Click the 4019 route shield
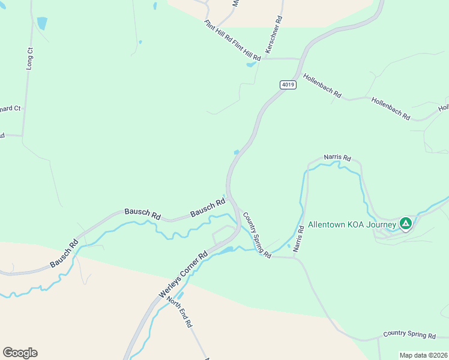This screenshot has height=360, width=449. click(288, 85)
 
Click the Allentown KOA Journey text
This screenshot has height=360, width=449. click(352, 225)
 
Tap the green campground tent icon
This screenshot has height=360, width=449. click(406, 224)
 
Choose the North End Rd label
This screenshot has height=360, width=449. click(179, 312)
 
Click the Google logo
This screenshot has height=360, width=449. click(20, 353)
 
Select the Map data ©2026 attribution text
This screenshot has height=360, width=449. click(423, 355)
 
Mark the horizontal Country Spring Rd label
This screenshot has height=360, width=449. click(409, 335)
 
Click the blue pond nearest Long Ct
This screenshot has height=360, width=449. click(41, 23)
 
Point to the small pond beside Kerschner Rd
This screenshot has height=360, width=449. click(250, 64)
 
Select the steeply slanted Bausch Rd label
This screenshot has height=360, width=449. click(64, 253)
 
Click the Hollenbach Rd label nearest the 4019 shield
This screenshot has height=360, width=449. click(322, 86)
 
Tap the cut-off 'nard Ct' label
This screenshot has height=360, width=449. click(10, 109)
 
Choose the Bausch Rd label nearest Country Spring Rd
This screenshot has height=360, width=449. click(207, 209)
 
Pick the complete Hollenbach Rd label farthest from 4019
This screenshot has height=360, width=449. click(390, 109)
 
